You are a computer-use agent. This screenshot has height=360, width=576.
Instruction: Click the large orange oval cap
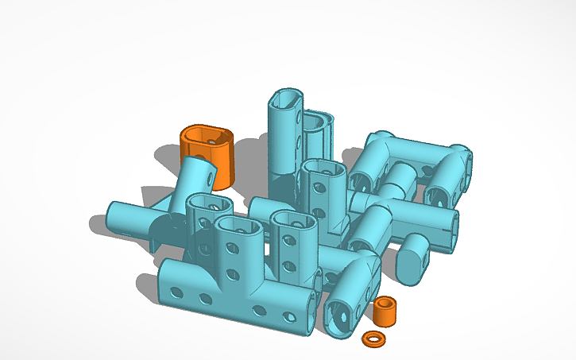coord(208,155)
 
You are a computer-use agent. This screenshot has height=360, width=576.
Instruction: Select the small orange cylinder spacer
coord(386,311)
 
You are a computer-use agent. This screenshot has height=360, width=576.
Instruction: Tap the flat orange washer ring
coord(372,339)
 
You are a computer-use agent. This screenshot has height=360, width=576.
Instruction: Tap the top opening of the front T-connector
coord(239,226)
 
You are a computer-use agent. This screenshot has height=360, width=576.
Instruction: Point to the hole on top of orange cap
coord(212,137)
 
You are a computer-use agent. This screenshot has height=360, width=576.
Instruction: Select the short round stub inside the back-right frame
coord(400,178)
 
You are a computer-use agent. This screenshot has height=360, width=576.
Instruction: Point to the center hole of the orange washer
coord(372,339)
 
